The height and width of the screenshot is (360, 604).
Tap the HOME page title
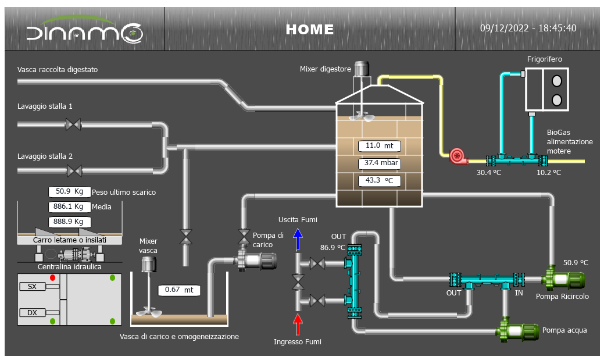click(x=310, y=29)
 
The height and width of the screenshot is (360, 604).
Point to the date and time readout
click(x=528, y=28)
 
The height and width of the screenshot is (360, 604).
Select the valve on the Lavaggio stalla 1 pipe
click(x=73, y=124)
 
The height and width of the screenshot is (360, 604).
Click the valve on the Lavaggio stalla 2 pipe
click(x=74, y=170)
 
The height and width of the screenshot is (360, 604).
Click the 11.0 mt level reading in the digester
click(x=380, y=146)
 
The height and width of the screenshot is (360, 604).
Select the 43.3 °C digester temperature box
click(x=380, y=181)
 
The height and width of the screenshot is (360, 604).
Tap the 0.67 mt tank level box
click(x=178, y=290)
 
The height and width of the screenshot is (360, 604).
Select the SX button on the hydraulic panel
click(x=33, y=286)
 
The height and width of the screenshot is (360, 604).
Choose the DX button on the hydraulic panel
click(x=33, y=313)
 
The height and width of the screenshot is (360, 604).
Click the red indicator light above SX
click(x=52, y=277)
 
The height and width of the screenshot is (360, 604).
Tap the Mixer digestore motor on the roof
click(x=363, y=69)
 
